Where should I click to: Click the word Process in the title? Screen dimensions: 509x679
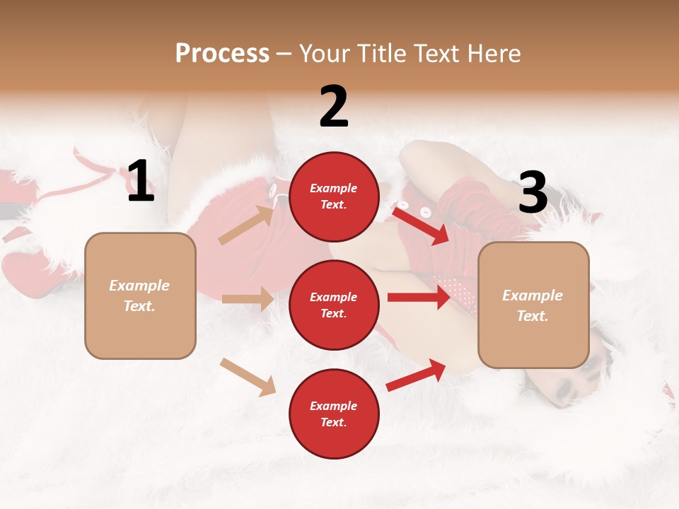click(x=222, y=53)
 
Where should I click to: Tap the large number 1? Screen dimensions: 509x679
click(x=140, y=182)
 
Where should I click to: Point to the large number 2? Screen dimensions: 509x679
click(x=333, y=107)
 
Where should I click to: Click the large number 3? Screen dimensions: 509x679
click(x=533, y=193)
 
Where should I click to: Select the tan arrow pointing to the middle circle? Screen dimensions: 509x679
click(x=248, y=299)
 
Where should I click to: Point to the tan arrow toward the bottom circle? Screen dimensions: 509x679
click(x=248, y=376)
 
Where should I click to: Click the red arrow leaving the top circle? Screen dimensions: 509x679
click(x=421, y=223)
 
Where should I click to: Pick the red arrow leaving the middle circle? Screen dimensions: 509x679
click(x=418, y=297)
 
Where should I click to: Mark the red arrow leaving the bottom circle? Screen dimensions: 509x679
click(x=416, y=375)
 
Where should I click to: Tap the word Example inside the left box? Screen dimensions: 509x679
click(x=139, y=286)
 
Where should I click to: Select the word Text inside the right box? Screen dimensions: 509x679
click(x=533, y=316)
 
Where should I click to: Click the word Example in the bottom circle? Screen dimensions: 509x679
click(x=333, y=406)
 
